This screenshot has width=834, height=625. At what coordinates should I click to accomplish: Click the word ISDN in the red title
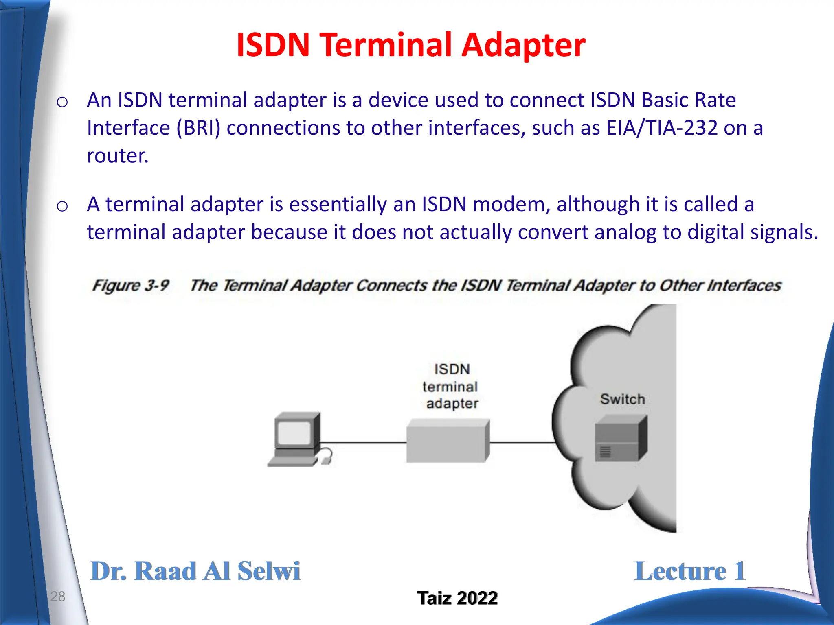pos(273,45)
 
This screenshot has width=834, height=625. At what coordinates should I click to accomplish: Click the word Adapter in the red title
pos(523,46)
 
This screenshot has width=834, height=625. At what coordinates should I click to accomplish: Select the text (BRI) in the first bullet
pos(198,129)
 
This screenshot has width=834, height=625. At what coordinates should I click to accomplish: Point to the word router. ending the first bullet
pos(118,156)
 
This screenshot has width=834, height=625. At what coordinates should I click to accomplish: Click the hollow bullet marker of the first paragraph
pos(62,102)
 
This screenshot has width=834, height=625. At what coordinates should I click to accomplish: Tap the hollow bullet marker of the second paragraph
pos(62,206)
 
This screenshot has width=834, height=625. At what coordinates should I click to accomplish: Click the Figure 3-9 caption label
pos(131,285)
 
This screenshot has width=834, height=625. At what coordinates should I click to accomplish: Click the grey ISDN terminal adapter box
pos(448,441)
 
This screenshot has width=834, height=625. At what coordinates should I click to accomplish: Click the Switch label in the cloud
pos(622,399)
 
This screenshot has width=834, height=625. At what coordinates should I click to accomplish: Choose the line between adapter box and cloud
pos(521,442)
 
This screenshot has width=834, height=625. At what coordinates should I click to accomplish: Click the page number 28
pos(58,597)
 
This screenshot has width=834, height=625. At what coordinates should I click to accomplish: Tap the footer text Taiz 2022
pos(457,598)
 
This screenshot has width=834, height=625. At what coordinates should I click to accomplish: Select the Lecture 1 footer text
pos(690,571)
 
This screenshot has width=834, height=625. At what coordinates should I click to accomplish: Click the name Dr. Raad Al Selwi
pos(195,571)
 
